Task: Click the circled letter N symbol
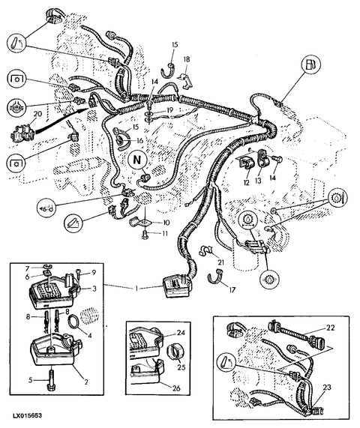[137, 160]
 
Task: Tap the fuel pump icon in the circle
[310, 65]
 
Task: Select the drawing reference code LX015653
[27, 415]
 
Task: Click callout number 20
[37, 113]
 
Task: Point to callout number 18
[187, 59]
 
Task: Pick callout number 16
[139, 141]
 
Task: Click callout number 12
[246, 182]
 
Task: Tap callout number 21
[220, 262]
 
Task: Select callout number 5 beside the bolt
[31, 380]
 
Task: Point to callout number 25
[181, 367]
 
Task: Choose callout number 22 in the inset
[331, 328]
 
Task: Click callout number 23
[327, 387]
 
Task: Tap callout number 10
[166, 223]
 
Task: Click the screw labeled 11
[144, 234]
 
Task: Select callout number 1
[136, 287]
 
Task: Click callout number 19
[170, 110]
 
